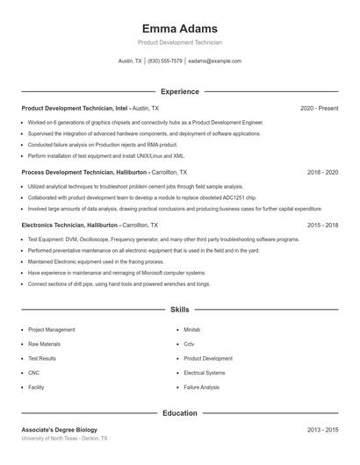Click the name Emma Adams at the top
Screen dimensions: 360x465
tap(179, 28)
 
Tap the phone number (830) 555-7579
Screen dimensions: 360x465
tap(165, 61)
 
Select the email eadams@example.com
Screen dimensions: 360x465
tap(214, 61)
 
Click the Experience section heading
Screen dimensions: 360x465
tap(179, 91)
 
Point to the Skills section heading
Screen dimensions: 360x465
tap(179, 310)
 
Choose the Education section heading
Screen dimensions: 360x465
tap(179, 412)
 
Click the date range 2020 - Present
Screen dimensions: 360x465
tap(319, 108)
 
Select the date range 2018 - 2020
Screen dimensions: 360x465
tap(322, 173)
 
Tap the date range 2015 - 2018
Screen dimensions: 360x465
tap(322, 225)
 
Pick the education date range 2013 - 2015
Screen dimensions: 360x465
tap(322, 430)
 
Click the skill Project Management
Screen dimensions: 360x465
tap(52, 330)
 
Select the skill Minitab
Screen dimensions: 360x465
tap(192, 330)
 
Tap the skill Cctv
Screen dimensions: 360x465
tap(189, 344)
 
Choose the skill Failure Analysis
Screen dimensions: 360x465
tap(202, 387)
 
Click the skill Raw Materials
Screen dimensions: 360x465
tap(45, 344)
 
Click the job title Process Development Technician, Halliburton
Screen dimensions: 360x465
tap(84, 173)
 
